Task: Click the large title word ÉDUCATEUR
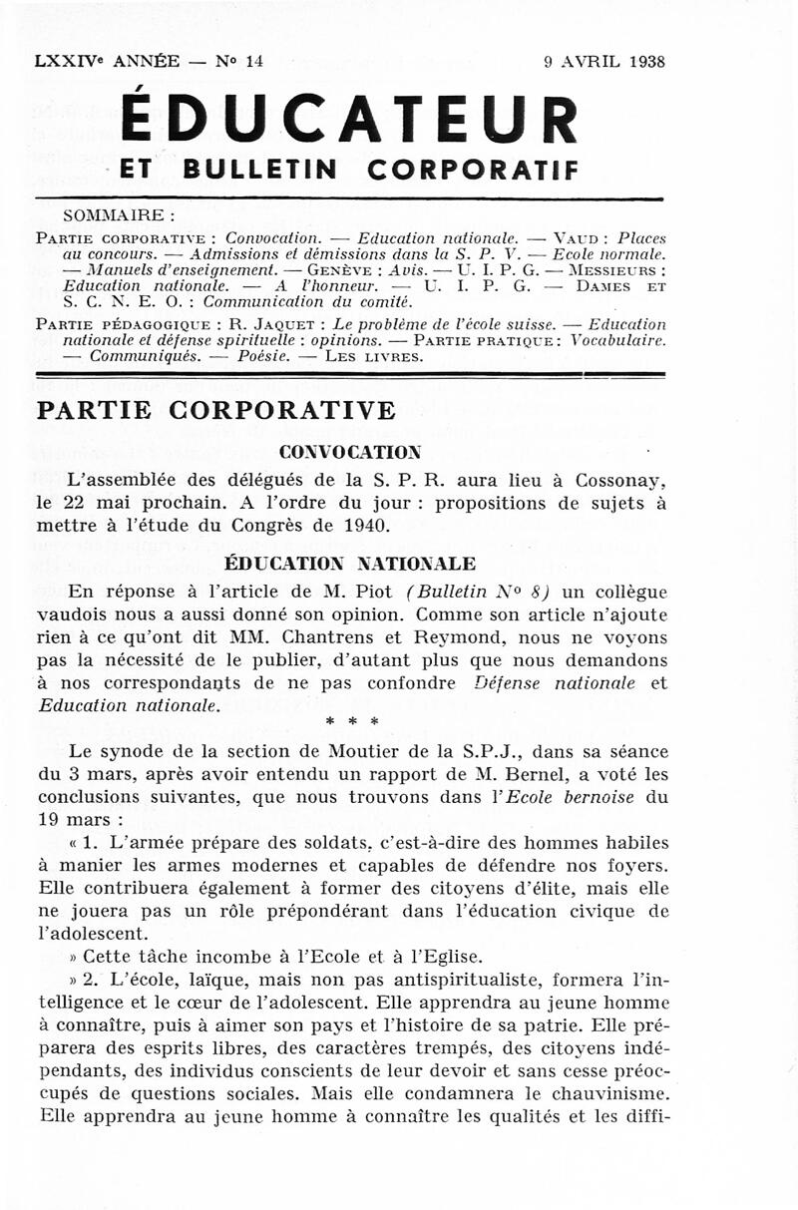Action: point(348,120)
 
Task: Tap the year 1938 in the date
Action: point(647,61)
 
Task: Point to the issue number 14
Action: point(253,61)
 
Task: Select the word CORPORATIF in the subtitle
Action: point(473,170)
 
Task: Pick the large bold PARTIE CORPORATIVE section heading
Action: point(215,410)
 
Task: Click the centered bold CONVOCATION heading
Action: point(350,452)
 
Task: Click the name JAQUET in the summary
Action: point(285,325)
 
